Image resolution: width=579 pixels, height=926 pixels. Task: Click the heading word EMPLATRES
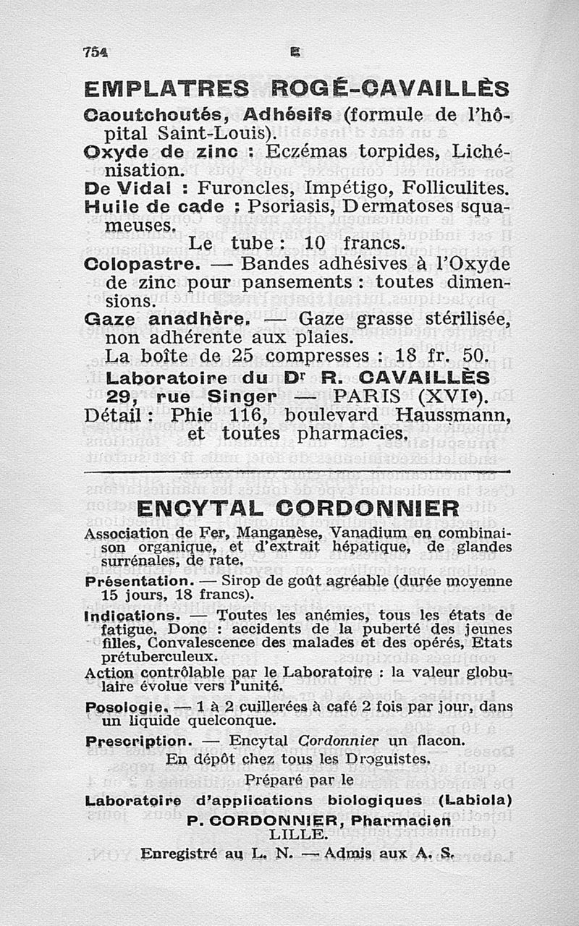point(166,90)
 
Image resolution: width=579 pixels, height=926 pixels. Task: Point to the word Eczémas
point(305,153)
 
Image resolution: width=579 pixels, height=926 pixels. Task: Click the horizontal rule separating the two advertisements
point(297,473)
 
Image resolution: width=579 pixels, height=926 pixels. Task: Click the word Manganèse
point(281,533)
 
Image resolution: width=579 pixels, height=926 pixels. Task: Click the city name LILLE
point(296,834)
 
